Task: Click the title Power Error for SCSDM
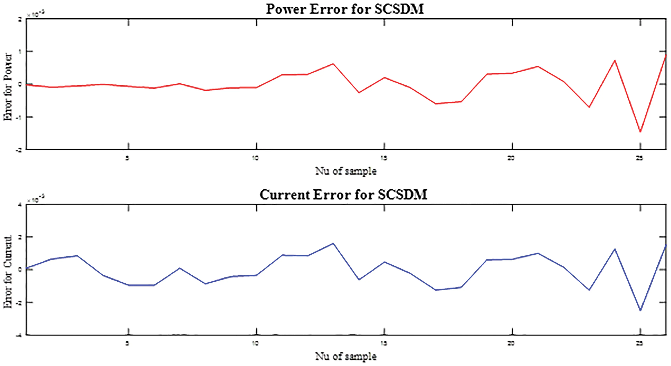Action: point(345,9)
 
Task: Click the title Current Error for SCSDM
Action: point(343,195)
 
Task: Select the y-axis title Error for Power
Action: point(8,87)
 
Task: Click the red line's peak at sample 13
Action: point(333,64)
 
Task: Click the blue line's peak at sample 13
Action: point(333,243)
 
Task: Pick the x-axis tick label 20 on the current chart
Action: point(511,343)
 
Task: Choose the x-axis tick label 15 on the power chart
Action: point(384,158)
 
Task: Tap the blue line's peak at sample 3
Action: point(77,256)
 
